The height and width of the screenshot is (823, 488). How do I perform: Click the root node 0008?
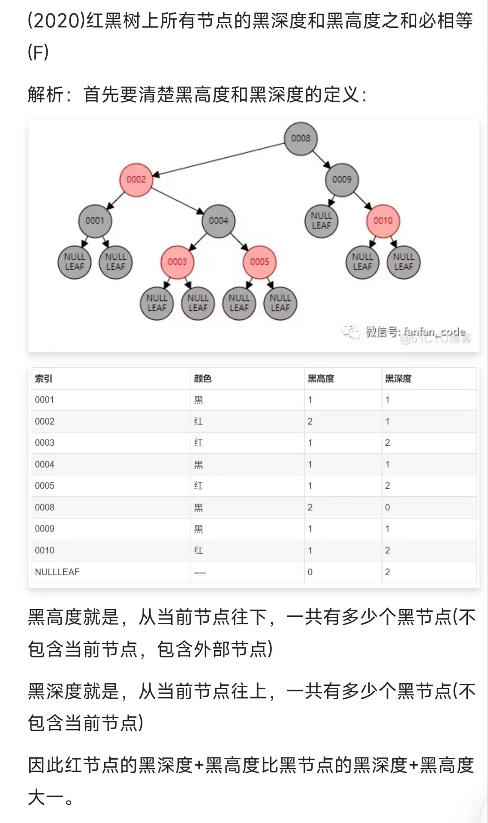click(x=301, y=138)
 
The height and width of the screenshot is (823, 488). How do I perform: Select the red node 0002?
click(x=136, y=180)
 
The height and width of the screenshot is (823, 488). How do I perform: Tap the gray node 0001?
click(x=95, y=221)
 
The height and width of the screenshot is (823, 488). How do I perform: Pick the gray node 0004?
click(x=218, y=221)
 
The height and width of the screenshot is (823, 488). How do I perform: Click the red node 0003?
click(x=177, y=262)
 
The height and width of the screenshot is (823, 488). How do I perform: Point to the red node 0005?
click(x=259, y=262)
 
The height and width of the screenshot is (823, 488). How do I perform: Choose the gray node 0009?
click(x=342, y=180)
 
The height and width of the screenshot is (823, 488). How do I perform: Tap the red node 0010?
click(x=383, y=221)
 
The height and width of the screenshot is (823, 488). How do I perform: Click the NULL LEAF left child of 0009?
click(x=321, y=221)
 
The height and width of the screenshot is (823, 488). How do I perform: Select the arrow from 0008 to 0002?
click(x=219, y=159)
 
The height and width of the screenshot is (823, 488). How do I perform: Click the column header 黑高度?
click(x=321, y=378)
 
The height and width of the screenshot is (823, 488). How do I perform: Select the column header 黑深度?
click(x=398, y=378)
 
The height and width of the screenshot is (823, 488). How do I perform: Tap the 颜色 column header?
click(x=202, y=378)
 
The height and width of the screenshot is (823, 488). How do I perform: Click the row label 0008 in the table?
click(x=45, y=508)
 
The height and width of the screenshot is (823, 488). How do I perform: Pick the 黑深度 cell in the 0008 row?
click(x=388, y=508)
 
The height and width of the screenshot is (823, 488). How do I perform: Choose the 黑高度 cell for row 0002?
click(x=310, y=421)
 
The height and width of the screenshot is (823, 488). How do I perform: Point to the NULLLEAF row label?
click(x=57, y=572)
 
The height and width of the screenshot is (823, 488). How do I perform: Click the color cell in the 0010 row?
click(x=199, y=550)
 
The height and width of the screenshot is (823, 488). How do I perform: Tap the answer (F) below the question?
click(x=38, y=53)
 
